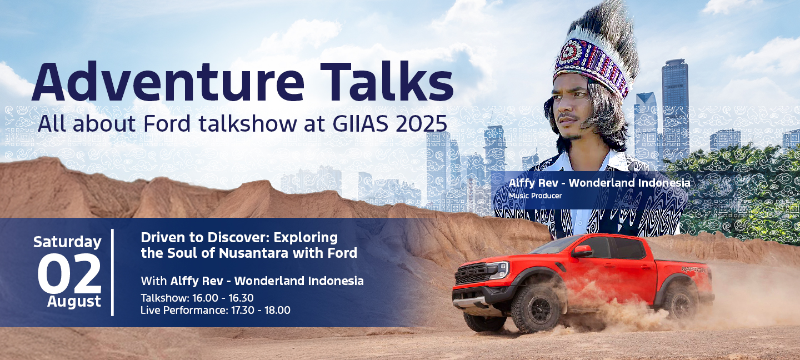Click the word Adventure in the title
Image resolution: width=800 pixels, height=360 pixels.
(x=168, y=82)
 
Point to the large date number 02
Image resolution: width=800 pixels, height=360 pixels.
(x=69, y=273)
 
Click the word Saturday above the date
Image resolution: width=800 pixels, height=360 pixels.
(x=68, y=242)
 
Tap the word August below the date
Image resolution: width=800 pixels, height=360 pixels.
(x=74, y=302)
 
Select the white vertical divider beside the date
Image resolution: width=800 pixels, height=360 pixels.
(x=112, y=272)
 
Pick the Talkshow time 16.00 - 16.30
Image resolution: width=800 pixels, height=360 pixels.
(x=223, y=298)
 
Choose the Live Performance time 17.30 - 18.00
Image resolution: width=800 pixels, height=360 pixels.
(x=261, y=310)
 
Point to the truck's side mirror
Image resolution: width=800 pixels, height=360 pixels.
(x=582, y=251)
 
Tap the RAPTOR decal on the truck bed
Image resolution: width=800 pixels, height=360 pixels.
(x=693, y=269)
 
